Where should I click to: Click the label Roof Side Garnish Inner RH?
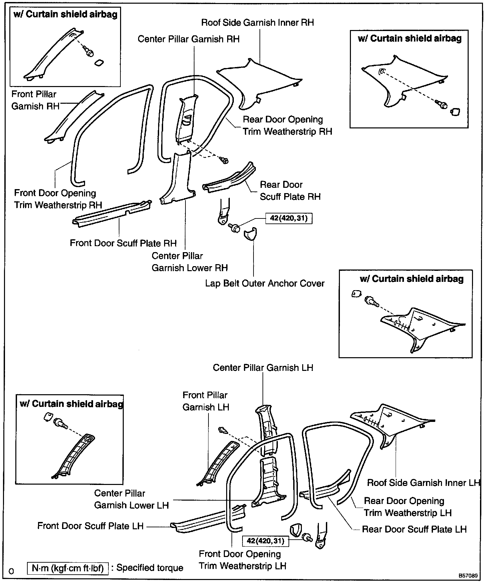tap(258, 23)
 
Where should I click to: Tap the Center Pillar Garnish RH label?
tap(188, 39)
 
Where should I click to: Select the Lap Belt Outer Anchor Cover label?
tap(265, 283)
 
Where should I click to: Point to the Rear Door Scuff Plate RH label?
tap(290, 190)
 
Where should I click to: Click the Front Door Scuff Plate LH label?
tap(90, 526)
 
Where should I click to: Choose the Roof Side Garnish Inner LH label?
tap(423, 483)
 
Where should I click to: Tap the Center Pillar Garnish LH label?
tap(263, 368)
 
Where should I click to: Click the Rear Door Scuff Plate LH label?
tap(414, 529)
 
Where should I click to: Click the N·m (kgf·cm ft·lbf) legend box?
tap(68, 568)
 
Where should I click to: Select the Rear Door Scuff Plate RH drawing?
tap(230, 178)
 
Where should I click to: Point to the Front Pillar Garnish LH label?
tap(205, 401)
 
